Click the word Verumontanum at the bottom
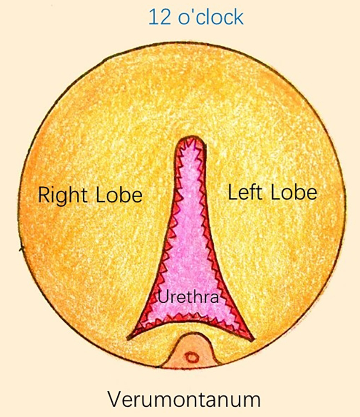184,400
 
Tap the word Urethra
188,296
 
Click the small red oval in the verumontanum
192,356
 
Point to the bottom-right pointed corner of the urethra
252,340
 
